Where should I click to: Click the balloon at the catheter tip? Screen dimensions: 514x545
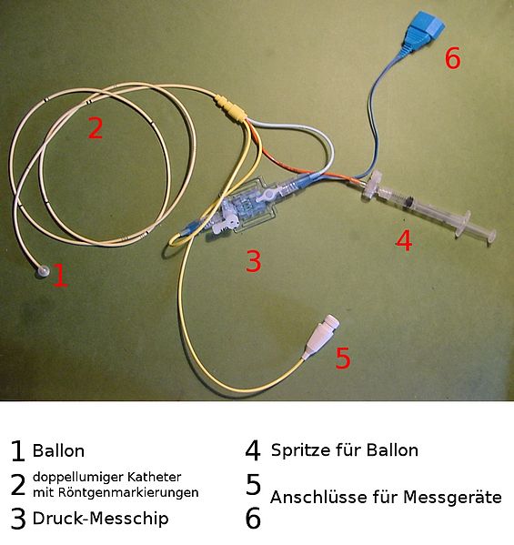pos(44,271)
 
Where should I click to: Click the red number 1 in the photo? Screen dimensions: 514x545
pos(60,276)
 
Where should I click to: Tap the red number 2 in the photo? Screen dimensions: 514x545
pos(96,128)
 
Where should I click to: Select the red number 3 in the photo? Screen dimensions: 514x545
pos(253,261)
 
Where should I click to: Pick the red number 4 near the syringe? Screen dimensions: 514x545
pos(404,240)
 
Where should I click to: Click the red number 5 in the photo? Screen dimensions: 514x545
pos(343,358)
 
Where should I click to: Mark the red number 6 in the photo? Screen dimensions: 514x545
pos(452,58)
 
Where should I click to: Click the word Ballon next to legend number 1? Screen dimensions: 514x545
pos(58,450)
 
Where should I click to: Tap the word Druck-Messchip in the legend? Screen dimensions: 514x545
pos(100,519)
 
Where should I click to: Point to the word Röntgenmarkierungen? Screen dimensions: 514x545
pos(128,492)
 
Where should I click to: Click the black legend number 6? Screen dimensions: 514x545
pos(253,518)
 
